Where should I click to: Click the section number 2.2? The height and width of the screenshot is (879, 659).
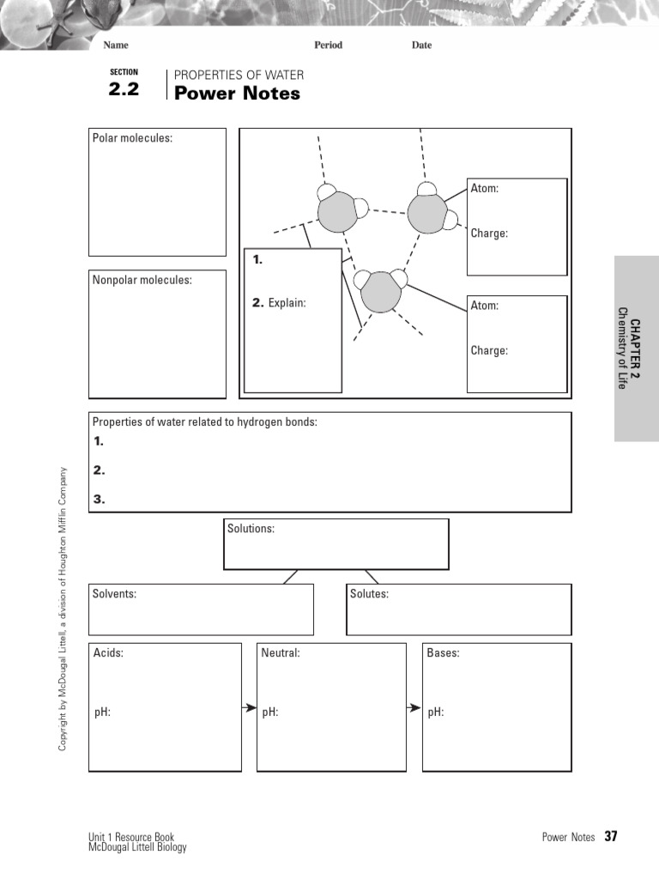pyautogui.click(x=124, y=88)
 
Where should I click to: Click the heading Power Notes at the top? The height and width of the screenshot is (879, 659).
pyautogui.click(x=237, y=94)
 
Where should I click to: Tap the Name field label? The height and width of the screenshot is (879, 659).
pyautogui.click(x=116, y=45)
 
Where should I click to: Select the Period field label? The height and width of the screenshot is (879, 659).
pyautogui.click(x=328, y=45)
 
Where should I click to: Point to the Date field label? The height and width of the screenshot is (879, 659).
pyautogui.click(x=421, y=45)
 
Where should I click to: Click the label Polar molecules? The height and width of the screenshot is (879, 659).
pyautogui.click(x=132, y=138)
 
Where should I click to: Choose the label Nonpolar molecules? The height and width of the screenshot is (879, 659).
pyautogui.click(x=142, y=280)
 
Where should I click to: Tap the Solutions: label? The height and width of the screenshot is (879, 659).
pyautogui.click(x=251, y=529)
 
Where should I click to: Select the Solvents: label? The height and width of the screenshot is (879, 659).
pyautogui.click(x=115, y=594)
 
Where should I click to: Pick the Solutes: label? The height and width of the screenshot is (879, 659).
pyautogui.click(x=369, y=594)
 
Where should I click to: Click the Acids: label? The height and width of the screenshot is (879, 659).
pyautogui.click(x=108, y=653)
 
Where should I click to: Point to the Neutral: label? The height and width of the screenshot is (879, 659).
pyautogui.click(x=281, y=653)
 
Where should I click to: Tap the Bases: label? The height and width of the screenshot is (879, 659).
pyautogui.click(x=443, y=653)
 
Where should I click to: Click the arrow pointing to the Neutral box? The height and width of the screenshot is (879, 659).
pyautogui.click(x=249, y=708)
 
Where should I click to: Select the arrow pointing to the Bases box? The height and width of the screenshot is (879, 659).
pyautogui.click(x=414, y=708)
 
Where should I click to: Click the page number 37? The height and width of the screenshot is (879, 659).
pyautogui.click(x=611, y=836)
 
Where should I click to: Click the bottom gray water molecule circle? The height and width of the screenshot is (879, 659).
pyautogui.click(x=380, y=293)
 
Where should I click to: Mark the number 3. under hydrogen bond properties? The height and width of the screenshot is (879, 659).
pyautogui.click(x=99, y=499)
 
